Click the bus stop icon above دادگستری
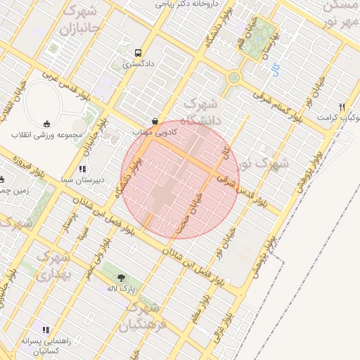138,53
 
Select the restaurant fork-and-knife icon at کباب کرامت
342,108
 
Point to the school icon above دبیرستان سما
82,169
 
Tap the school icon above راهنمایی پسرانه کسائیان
46,329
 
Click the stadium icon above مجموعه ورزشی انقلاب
47,122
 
